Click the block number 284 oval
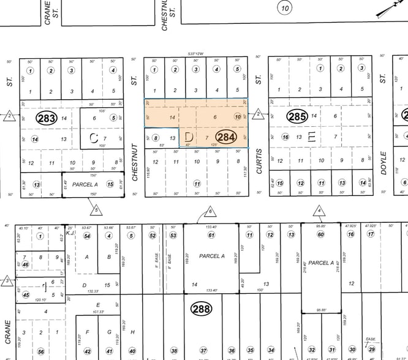[x=226, y=137]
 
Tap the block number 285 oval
[x=297, y=116]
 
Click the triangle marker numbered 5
[x=96, y=211]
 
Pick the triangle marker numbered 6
[x=210, y=212]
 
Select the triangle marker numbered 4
[x=319, y=211]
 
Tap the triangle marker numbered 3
[x=7, y=281]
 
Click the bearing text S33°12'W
[x=195, y=54]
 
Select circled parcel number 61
[x=212, y=234]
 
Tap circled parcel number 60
[x=320, y=234]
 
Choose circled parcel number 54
[x=88, y=235]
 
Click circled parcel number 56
[x=40, y=351]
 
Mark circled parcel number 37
[x=203, y=351]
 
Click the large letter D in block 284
[x=189, y=135]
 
